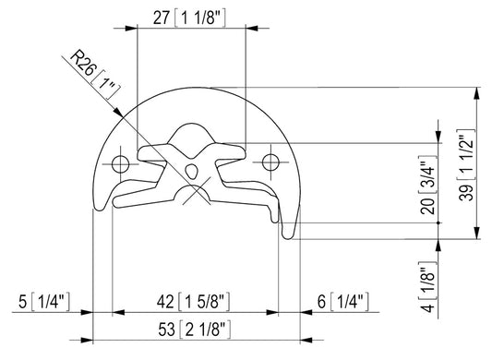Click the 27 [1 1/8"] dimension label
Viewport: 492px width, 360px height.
tap(189, 18)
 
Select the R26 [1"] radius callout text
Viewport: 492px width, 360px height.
tap(95, 75)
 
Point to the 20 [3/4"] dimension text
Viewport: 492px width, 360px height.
tap(428, 185)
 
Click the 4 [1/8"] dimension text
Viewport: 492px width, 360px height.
tap(428, 286)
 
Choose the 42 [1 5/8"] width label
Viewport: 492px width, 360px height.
tap(193, 302)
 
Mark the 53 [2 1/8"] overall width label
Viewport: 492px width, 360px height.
tap(194, 330)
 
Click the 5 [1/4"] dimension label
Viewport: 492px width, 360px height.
tap(44, 302)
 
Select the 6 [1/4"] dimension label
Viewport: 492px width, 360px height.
tap(343, 302)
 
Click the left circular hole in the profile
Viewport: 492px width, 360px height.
tap(121, 163)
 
